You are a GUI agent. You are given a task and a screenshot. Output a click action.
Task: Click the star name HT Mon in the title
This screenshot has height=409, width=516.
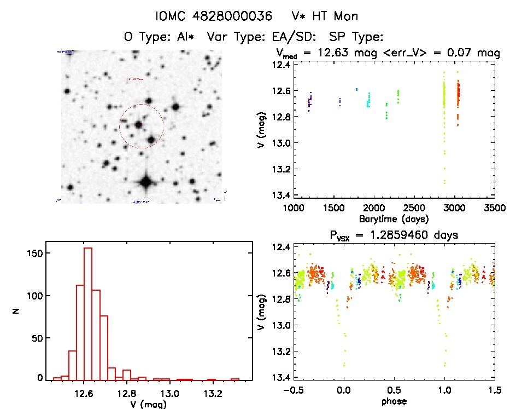(338, 16)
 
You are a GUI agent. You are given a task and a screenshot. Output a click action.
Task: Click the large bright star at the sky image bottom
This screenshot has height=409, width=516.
(146, 182)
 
